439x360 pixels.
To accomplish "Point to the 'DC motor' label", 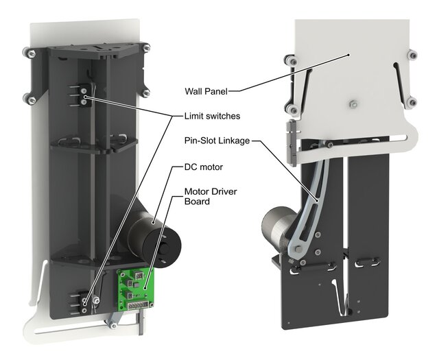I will tap(204, 167).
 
